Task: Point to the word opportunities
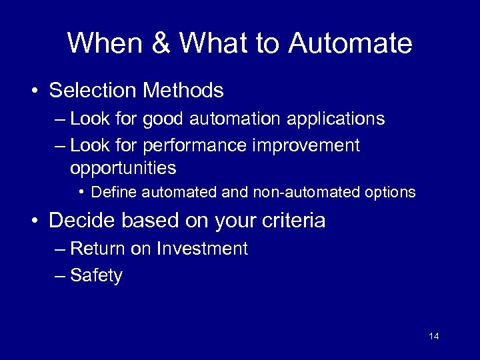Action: tap(123, 168)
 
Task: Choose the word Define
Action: tap(113, 193)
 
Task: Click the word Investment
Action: tap(202, 249)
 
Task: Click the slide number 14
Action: tap(434, 336)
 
